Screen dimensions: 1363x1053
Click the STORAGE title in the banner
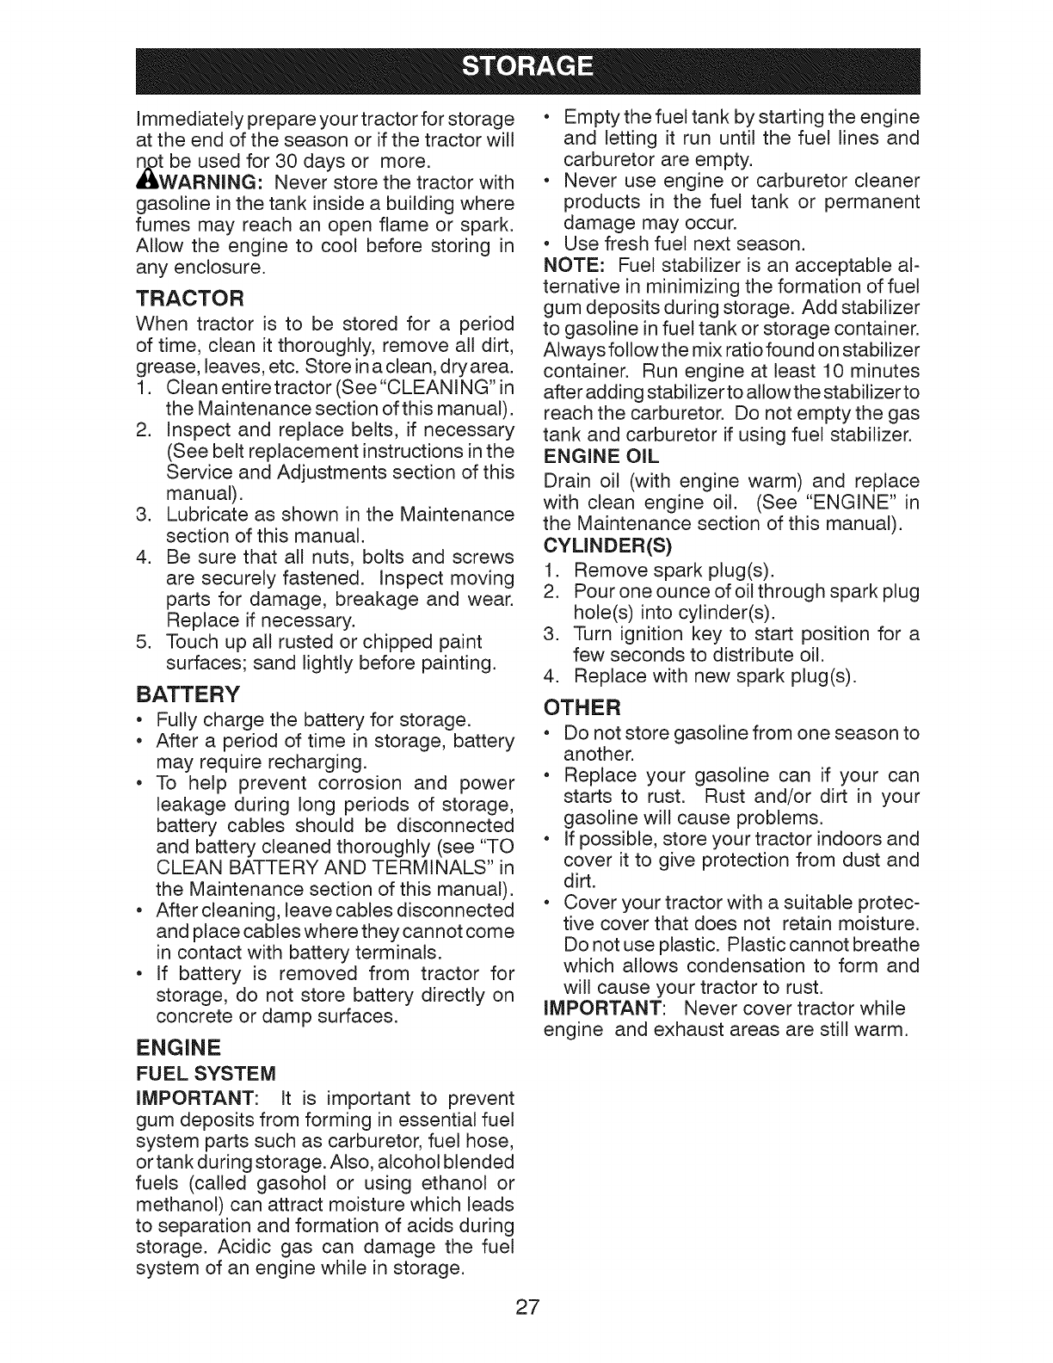tap(526, 66)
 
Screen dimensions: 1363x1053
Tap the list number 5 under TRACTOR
tap(143, 642)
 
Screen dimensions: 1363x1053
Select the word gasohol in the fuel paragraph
tap(285, 1183)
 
